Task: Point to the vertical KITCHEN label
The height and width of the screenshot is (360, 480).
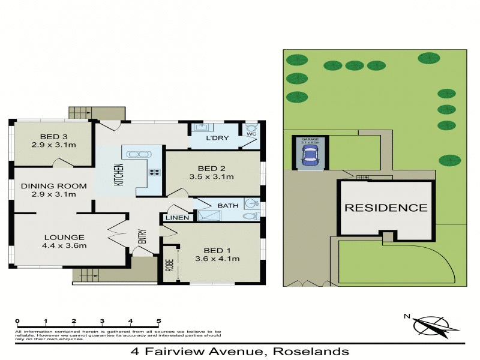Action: [x=119, y=175]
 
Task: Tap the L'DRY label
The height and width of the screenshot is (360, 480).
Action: [x=215, y=139]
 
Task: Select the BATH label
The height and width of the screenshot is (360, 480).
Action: [x=227, y=206]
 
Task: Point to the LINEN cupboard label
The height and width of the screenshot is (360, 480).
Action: [x=176, y=217]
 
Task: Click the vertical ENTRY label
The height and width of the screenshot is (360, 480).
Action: [x=142, y=237]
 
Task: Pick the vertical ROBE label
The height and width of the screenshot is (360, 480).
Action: [x=169, y=264]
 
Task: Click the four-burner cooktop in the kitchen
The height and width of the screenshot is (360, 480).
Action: [x=154, y=172]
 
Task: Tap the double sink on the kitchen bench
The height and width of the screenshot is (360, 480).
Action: [x=138, y=154]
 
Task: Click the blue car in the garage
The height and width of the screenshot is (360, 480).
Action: [x=310, y=157]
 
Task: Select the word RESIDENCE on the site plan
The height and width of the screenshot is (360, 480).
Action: [x=386, y=208]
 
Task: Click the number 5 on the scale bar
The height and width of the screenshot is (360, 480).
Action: [x=158, y=321]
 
